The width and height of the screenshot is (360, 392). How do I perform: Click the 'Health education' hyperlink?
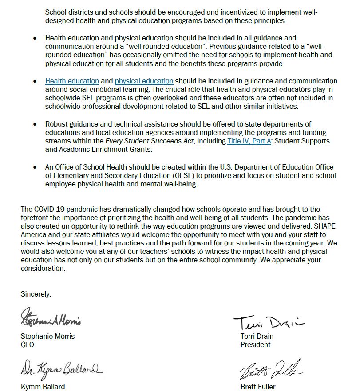tap(72, 81)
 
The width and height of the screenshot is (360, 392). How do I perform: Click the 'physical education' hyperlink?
tap(144, 81)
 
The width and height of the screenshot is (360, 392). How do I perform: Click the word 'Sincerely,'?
tap(36, 294)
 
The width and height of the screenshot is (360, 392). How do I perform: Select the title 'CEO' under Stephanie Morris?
tap(28, 344)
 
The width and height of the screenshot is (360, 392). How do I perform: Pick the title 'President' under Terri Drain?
tap(255, 344)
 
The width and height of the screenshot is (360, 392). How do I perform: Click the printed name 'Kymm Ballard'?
tap(43, 387)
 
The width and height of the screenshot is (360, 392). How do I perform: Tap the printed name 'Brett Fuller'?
tap(258, 387)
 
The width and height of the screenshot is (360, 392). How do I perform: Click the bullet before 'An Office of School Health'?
tap(35, 167)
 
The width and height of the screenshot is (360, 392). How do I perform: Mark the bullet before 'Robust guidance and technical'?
tap(35, 124)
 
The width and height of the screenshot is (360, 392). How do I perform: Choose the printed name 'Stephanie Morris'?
tap(47, 336)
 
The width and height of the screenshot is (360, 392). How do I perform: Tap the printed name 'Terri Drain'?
tap(257, 336)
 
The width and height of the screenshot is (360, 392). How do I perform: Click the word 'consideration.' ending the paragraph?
tap(43, 268)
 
